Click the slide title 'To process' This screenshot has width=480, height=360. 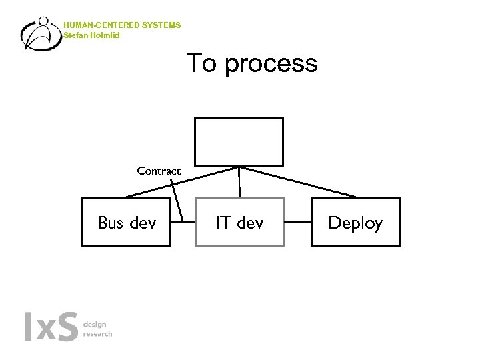click(251, 63)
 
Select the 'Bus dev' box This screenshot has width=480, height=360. click(126, 223)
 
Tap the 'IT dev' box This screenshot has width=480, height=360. click(239, 223)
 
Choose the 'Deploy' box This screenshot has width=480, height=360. click(355, 223)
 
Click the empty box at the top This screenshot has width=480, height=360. click(239, 141)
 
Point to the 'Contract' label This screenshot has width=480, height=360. click(159, 171)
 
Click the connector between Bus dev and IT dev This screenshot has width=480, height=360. click(183, 222)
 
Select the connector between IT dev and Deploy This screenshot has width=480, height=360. click(297, 222)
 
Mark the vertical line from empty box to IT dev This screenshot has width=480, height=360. click(239, 181)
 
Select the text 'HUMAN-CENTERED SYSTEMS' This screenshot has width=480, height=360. click(122, 25)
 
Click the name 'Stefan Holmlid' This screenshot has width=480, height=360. click(92, 35)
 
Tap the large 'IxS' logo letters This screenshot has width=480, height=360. click(51, 327)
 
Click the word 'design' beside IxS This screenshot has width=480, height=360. click(95, 324)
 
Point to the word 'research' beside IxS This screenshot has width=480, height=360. click(97, 333)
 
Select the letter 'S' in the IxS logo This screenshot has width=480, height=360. click(67, 327)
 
